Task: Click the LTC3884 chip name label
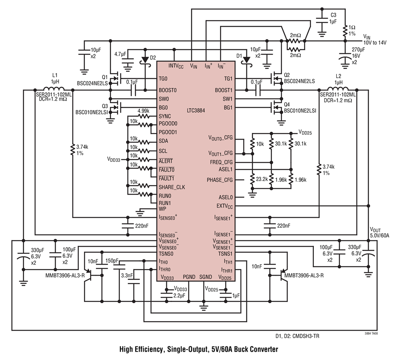click(196, 111)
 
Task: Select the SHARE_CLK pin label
click(172, 187)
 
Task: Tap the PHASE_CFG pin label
click(220, 180)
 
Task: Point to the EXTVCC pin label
click(225, 206)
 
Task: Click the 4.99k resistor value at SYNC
click(144, 111)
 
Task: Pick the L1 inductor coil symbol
click(54, 89)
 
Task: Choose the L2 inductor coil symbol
click(338, 89)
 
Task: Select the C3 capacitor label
click(334, 15)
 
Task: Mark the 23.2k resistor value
click(262, 179)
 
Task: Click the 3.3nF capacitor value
click(127, 276)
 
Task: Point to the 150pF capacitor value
click(112, 261)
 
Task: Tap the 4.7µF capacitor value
click(120, 54)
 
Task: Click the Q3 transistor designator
click(105, 106)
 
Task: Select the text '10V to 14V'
click(375, 43)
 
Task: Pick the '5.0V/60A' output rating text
click(380, 235)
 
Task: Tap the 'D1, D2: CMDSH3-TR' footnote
click(297, 336)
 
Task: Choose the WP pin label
click(162, 209)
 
